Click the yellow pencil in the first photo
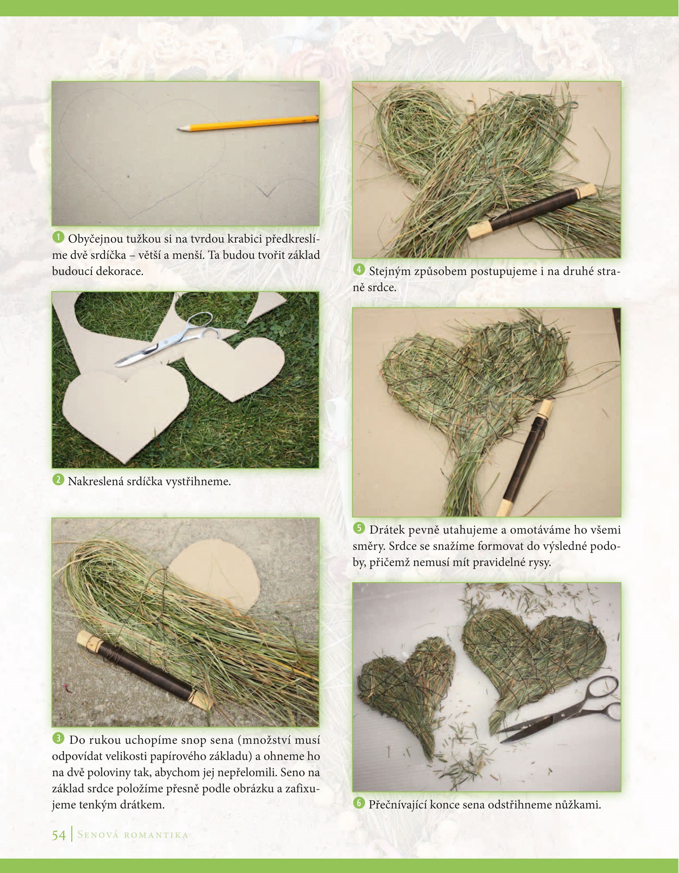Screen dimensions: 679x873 pos(248,123)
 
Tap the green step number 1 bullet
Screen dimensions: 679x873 pos(58,237)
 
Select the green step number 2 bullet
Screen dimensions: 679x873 pos(58,480)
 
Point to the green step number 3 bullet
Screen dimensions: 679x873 pos(58,738)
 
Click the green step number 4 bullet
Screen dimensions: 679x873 pos(358,269)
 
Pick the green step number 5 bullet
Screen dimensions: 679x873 pos(358,528)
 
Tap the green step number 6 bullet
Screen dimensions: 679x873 pos(358,803)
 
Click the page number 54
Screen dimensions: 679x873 pos(59,835)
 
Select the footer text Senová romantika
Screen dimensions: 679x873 pos(133,835)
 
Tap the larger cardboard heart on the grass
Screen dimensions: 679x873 pos(126,412)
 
